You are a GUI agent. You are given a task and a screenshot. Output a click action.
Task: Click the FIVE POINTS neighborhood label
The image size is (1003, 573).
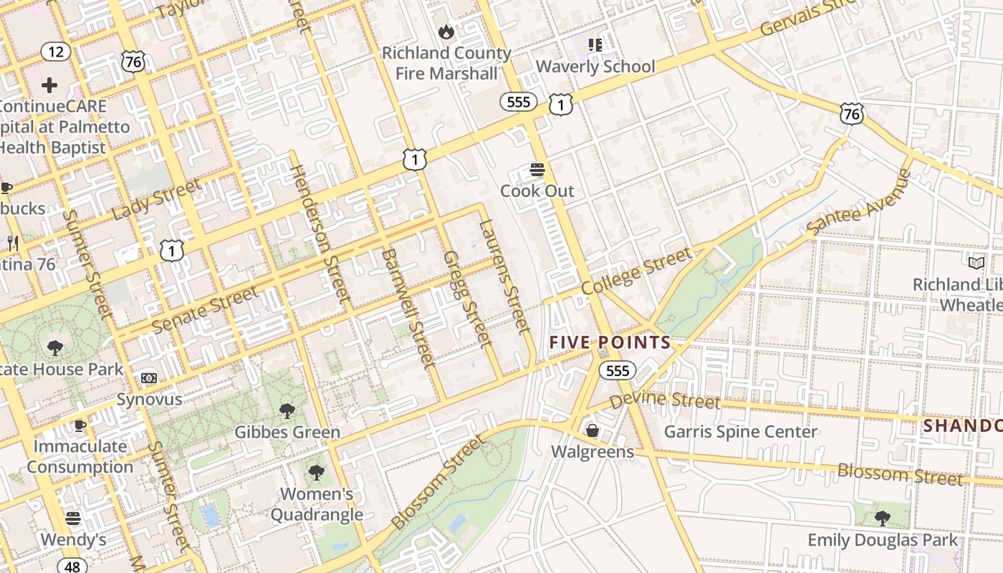(610, 342)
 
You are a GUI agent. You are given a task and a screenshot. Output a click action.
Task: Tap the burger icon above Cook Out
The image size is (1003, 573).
(537, 170)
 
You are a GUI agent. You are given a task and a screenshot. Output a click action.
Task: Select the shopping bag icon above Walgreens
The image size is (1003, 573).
(592, 430)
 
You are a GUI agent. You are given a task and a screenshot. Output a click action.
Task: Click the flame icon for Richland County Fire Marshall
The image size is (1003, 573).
(446, 32)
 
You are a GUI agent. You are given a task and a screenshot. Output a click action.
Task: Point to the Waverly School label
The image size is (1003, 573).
(595, 67)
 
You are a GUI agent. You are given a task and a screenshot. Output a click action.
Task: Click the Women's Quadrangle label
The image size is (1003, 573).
(317, 504)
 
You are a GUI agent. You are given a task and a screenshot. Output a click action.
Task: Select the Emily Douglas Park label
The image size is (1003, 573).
(883, 540)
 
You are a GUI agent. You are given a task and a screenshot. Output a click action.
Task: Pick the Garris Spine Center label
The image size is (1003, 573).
(741, 432)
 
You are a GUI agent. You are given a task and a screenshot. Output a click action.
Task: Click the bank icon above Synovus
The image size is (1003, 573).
(149, 377)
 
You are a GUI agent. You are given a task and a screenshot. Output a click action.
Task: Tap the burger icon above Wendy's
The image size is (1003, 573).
(73, 518)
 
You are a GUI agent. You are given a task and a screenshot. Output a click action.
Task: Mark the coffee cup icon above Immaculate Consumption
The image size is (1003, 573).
(80, 426)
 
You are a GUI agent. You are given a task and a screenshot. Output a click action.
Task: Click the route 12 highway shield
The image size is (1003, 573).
(55, 52)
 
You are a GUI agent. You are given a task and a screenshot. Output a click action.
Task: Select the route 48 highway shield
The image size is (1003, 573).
(72, 565)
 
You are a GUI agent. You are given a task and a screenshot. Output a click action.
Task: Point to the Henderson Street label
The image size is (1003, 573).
(320, 233)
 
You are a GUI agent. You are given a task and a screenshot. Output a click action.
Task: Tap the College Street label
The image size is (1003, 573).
(636, 271)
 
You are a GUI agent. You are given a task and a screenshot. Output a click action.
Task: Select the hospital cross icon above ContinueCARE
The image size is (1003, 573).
(49, 86)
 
